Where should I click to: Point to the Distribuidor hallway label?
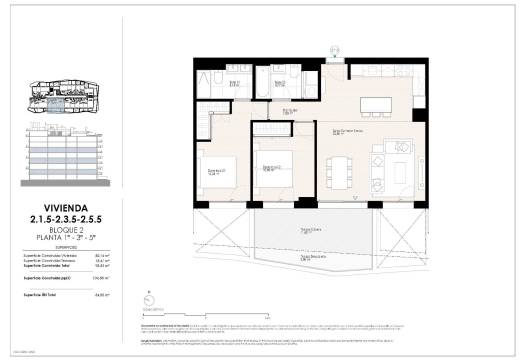pos(289,111)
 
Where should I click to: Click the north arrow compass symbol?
pos(148,300)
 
